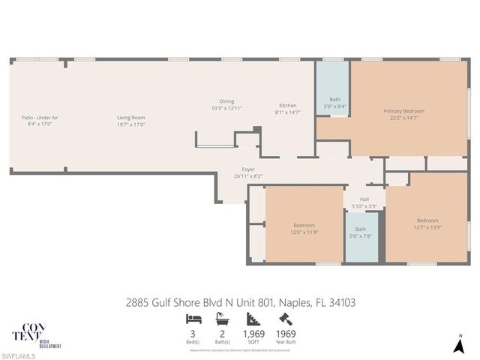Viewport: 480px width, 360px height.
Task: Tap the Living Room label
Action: pyautogui.click(x=130, y=118)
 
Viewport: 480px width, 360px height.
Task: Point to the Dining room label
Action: pyautogui.click(x=226, y=101)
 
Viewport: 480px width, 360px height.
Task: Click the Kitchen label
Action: pyautogui.click(x=287, y=105)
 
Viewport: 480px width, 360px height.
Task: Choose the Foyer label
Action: pyautogui.click(x=247, y=169)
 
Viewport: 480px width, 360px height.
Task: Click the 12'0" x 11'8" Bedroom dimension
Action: pyautogui.click(x=304, y=232)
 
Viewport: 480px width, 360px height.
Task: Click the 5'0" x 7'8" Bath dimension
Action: pyautogui.click(x=360, y=235)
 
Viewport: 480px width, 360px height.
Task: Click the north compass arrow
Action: pyautogui.click(x=460, y=345)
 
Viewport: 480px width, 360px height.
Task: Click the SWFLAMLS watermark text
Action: pyautogui.click(x=18, y=354)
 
